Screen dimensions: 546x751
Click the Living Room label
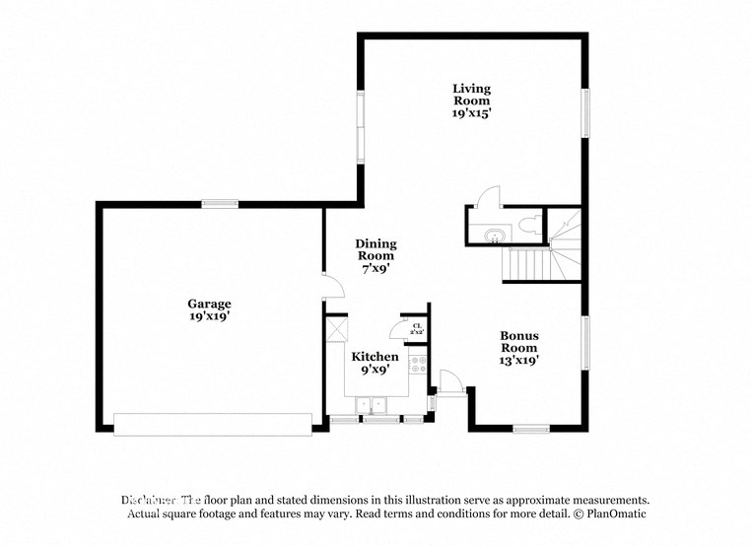point(471,95)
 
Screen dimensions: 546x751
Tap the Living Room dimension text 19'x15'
point(471,113)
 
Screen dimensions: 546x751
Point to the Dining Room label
point(375,249)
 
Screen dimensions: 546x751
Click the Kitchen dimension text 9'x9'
point(375,370)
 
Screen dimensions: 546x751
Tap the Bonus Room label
point(518,342)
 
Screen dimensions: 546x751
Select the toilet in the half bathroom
point(529,224)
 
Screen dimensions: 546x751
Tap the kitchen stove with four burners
point(419,367)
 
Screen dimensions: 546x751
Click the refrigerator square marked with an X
point(335,331)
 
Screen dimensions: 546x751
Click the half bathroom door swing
point(487,198)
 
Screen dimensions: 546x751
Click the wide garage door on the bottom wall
point(213,424)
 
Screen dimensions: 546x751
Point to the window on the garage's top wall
point(220,204)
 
